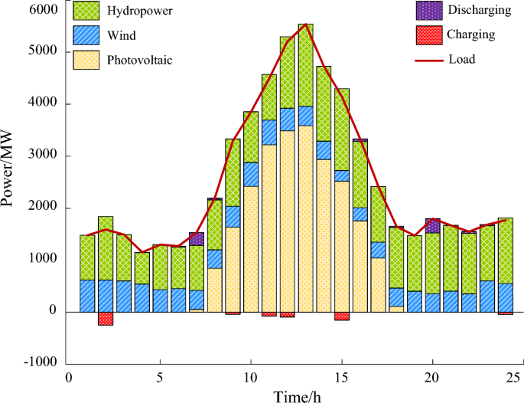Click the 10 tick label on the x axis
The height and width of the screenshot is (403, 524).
[x=250, y=377]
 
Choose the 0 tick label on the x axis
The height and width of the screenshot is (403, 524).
[x=69, y=377]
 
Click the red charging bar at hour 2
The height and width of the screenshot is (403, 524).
[x=106, y=319]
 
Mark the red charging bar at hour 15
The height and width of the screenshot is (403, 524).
[x=342, y=316]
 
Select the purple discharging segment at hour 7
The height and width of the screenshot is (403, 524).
[x=197, y=238]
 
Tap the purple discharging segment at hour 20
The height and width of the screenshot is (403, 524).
[x=433, y=225]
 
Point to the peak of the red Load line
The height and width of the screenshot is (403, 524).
[x=306, y=25]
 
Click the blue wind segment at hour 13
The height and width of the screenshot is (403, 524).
[x=306, y=116]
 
